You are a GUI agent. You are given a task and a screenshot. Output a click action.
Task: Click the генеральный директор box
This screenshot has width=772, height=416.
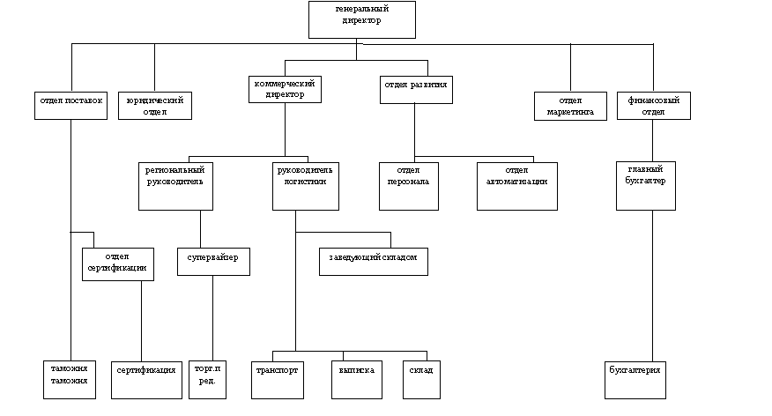tap(361, 19)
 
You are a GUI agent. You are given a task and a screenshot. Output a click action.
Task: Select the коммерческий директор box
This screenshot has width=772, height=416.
tap(284, 89)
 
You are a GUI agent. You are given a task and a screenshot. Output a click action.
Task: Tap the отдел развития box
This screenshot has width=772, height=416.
tap(416, 90)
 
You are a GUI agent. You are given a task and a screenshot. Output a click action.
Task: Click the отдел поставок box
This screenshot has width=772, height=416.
tap(71, 106)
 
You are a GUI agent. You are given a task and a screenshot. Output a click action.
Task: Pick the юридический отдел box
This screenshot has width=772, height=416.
tap(155, 106)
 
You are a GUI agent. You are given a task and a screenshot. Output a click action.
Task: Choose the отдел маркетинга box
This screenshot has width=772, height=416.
tap(570, 106)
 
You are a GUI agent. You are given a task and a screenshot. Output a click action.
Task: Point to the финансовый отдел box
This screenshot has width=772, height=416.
tap(653, 106)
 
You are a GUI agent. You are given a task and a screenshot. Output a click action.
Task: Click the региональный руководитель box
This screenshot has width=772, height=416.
tap(175, 186)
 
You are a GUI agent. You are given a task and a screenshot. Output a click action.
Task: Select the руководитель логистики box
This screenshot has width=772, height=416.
tap(305, 186)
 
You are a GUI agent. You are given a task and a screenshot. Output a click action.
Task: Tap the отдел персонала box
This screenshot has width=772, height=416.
tap(408, 186)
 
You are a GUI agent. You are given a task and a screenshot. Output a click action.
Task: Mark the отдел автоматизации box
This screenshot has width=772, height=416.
tap(516, 186)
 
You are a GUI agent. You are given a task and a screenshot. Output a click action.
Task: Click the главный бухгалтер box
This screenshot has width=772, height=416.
tap(646, 186)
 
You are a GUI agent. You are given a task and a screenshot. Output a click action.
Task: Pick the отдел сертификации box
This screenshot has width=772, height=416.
tap(117, 264)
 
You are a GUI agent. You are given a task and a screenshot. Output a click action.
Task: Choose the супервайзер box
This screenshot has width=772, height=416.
tap(212, 261)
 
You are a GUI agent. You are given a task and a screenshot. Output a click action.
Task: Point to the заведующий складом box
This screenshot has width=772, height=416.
tap(373, 262)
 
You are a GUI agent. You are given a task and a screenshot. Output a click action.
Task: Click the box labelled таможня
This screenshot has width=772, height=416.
tap(70, 379)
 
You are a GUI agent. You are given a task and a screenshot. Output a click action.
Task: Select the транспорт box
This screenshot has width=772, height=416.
tap(278, 379)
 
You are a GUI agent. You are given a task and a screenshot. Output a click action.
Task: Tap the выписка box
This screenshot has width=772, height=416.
tap(357, 379)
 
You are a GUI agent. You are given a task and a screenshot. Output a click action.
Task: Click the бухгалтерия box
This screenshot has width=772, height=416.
tap(635, 379)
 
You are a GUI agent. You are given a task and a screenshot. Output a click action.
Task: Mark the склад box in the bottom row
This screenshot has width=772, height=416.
tap(421, 379)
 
